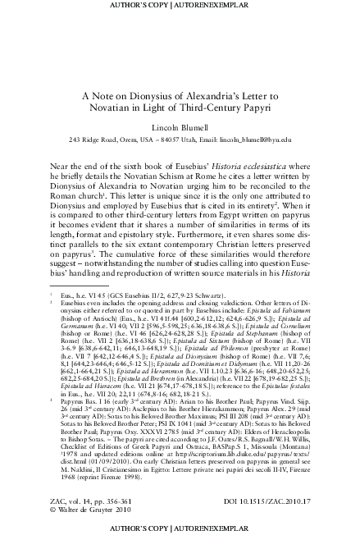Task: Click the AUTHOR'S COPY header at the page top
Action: click(x=180, y=6)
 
